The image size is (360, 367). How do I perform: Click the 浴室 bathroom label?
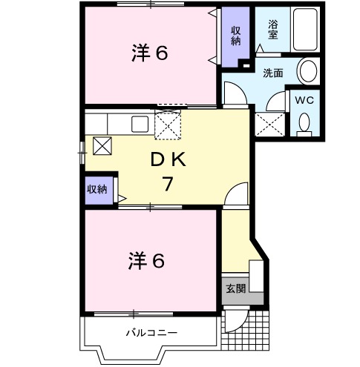click(272, 30)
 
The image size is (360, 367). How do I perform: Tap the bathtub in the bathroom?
click(305, 30)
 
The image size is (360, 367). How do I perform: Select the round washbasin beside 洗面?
click(308, 70)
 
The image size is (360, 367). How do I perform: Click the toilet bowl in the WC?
click(304, 125)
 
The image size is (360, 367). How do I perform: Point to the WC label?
click(304, 100)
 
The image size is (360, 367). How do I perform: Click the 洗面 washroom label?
click(272, 73)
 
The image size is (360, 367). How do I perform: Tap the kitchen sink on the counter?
click(140, 124)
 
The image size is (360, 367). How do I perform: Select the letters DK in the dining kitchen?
click(168, 159)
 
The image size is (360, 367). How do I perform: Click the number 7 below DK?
click(168, 184)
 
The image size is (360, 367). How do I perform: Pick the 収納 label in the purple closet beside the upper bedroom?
click(236, 36)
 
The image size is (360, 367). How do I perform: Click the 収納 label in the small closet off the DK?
click(97, 189)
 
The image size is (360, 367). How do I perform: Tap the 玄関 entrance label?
click(236, 288)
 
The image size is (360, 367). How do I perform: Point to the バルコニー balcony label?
click(151, 333)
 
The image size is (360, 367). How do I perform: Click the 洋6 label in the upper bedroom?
click(150, 53)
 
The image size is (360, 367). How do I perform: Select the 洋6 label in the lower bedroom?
click(146, 261)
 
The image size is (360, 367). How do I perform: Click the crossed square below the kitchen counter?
click(102, 146)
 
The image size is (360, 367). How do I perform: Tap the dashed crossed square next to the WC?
click(269, 125)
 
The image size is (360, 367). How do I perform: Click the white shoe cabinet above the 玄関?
click(256, 276)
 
